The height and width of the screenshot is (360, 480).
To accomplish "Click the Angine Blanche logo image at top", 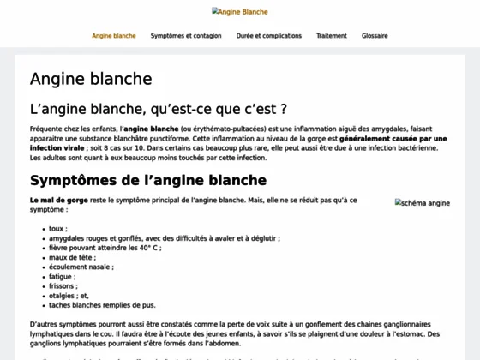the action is click(240, 12).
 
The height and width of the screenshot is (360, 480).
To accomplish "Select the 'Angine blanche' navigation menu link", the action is click(114, 36).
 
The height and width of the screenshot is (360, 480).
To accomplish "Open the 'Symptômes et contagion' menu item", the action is click(186, 36).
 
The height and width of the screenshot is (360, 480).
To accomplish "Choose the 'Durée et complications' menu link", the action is click(269, 36).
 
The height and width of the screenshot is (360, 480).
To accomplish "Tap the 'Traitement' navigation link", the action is click(332, 36).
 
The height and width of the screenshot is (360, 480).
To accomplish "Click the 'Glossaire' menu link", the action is click(375, 36).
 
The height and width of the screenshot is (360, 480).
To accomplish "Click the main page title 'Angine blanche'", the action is click(91, 79).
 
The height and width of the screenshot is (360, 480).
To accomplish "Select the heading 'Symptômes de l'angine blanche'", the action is click(148, 180).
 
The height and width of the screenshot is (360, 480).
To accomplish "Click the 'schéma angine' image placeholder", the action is click(423, 203).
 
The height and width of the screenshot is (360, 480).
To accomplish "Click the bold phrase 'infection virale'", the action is click(57, 148).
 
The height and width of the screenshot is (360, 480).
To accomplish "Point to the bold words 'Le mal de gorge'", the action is click(57, 200).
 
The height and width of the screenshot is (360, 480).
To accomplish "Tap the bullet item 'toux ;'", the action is click(58, 229).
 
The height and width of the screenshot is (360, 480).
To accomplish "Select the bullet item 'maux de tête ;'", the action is click(72, 257).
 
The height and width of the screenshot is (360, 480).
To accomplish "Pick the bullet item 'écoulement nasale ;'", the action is click(81, 267).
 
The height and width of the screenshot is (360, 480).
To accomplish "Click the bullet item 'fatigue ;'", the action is click(63, 276).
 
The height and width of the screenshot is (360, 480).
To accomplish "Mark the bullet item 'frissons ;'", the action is click(63, 285).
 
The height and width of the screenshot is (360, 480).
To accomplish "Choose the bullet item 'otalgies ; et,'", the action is click(69, 295).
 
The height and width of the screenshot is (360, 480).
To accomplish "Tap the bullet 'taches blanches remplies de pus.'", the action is click(102, 304).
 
